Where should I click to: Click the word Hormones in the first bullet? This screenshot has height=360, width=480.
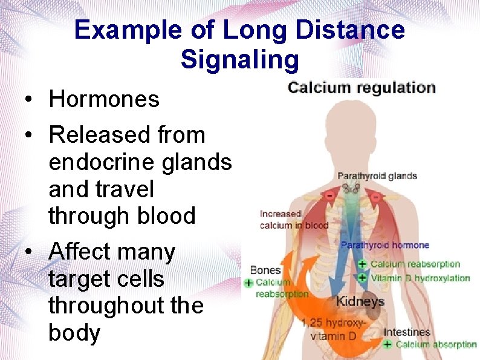tap(104, 99)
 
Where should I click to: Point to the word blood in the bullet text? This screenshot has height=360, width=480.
tap(167, 215)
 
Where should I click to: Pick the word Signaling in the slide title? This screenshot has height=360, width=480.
tap(239, 59)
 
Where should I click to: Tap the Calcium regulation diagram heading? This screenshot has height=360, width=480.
tap(362, 88)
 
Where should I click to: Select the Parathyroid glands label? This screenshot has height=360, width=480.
tap(377, 176)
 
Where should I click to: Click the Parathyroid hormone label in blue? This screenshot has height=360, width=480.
tap(385, 246)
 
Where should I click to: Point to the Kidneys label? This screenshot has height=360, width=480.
tap(360, 301)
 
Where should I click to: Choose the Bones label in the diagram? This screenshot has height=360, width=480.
tap(265, 270)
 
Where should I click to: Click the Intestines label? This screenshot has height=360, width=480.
tap(407, 332)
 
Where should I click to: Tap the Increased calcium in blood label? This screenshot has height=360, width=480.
tap(294, 220)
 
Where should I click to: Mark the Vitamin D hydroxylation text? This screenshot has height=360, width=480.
tap(420, 278)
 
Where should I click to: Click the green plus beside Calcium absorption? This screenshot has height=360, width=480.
tap(388, 344)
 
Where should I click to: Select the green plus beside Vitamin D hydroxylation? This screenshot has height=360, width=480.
tap(362, 278)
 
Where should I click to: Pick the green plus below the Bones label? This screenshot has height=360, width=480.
tap(248, 283)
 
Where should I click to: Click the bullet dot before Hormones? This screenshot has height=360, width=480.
tap(29, 100)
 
